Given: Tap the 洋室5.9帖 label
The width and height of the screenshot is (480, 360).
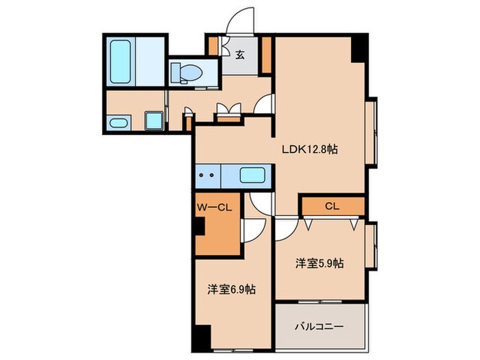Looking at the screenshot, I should point(320,263).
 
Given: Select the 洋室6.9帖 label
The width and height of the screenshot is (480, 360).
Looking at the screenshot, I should point(233,290).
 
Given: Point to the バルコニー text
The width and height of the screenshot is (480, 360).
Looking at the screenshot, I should point(320,327).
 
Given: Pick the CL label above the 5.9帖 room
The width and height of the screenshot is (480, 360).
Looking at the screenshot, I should point(332,205).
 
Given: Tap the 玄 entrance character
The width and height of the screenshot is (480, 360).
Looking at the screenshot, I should point(241,56).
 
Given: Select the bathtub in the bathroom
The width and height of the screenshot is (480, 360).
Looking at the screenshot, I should point(120,60).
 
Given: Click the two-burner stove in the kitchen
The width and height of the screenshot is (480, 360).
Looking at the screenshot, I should point(207,176).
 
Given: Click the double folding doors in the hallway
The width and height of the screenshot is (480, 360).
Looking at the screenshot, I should point(228,110).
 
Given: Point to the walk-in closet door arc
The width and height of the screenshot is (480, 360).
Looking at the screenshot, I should point(251,230).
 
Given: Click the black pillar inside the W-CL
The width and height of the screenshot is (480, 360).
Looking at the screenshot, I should point(200,228).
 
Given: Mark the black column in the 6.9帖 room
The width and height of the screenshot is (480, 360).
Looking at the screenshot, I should point(200,339).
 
